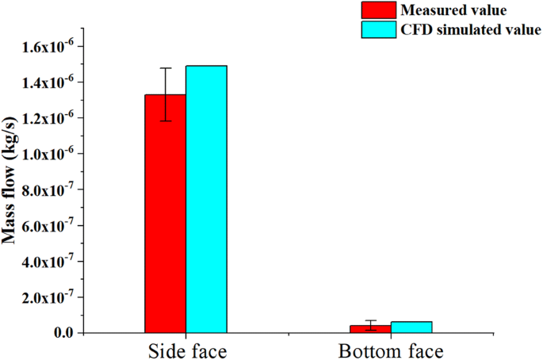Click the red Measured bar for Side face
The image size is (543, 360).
click(165, 214)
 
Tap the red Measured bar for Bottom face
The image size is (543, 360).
click(370, 328)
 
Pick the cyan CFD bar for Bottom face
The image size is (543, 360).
click(411, 327)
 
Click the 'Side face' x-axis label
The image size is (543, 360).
click(185, 350)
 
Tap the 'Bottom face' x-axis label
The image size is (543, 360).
click(390, 350)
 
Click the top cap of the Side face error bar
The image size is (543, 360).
click(165, 68)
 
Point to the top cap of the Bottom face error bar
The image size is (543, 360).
click(370, 320)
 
